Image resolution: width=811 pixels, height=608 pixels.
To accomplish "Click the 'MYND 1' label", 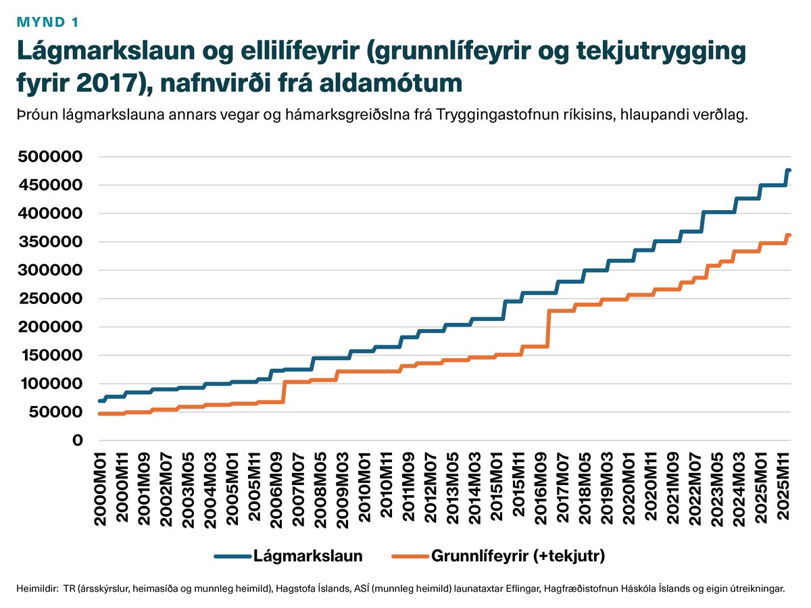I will coord(47,22).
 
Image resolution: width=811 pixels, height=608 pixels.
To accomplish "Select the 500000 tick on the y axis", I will coord(52,157).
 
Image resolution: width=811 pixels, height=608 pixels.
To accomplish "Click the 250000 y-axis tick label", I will coord(52,299).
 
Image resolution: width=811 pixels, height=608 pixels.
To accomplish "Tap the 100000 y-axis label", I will coord(52,384).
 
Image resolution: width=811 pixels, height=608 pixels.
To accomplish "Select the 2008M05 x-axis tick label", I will coord(320,486).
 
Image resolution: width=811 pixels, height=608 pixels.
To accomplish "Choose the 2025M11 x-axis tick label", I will coord(785,486).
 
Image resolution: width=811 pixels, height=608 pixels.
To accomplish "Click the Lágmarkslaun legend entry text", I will coord(308,557).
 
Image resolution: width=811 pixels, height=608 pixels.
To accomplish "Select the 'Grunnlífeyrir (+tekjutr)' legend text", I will coord(518,557).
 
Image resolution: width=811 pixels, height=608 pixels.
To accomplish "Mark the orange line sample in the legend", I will coord(408,557).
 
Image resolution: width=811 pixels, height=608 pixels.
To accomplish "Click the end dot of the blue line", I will coord(788,171).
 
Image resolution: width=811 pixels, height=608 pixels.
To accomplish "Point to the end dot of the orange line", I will coord(788,236).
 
